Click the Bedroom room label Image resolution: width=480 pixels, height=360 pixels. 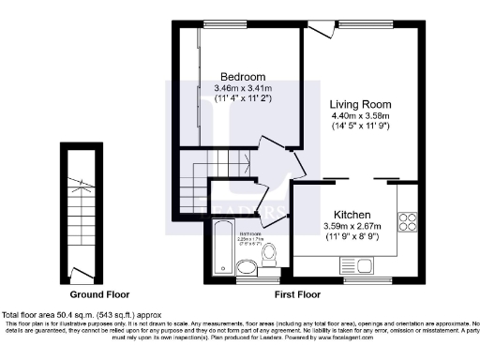click(243, 76)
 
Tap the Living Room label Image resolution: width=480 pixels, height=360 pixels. click(360, 104)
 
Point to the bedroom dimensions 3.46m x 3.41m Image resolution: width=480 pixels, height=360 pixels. click(243, 88)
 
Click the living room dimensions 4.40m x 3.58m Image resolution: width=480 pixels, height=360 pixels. click(360, 117)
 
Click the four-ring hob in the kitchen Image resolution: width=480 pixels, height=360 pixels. click(409, 222)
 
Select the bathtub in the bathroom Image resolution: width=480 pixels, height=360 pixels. click(223, 243)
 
